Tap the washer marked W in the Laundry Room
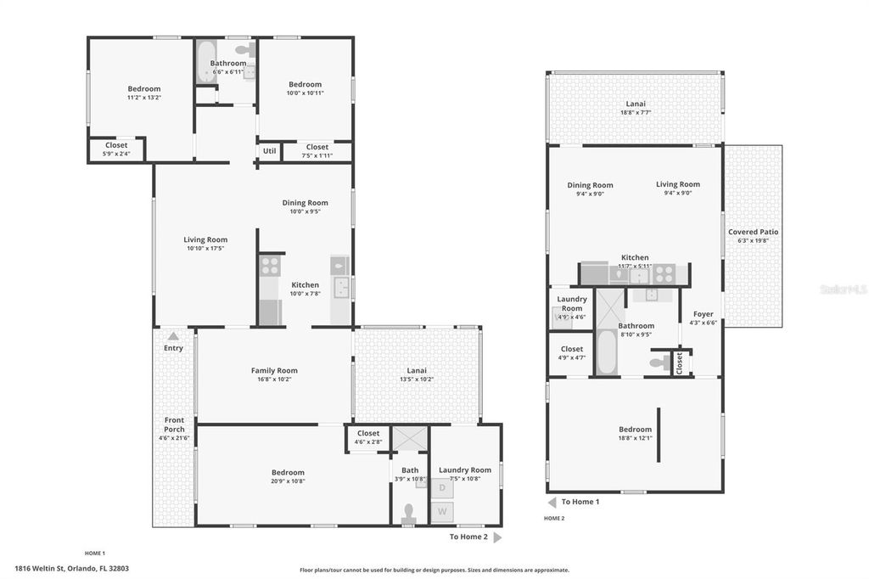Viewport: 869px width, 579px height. [442, 512]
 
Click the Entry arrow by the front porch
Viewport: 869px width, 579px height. [173, 336]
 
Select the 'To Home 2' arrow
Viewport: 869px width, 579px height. [497, 537]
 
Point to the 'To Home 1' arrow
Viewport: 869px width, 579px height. [552, 502]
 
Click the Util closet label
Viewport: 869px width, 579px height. [269, 151]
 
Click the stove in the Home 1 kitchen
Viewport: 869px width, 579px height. [270, 264]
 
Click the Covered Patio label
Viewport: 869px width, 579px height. [753, 232]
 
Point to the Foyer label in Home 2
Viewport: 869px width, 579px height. [703, 314]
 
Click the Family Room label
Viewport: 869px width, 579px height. [274, 370]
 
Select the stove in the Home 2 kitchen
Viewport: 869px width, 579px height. [664, 274]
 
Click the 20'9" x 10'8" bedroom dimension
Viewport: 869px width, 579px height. [288, 482]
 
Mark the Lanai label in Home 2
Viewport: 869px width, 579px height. [635, 104]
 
